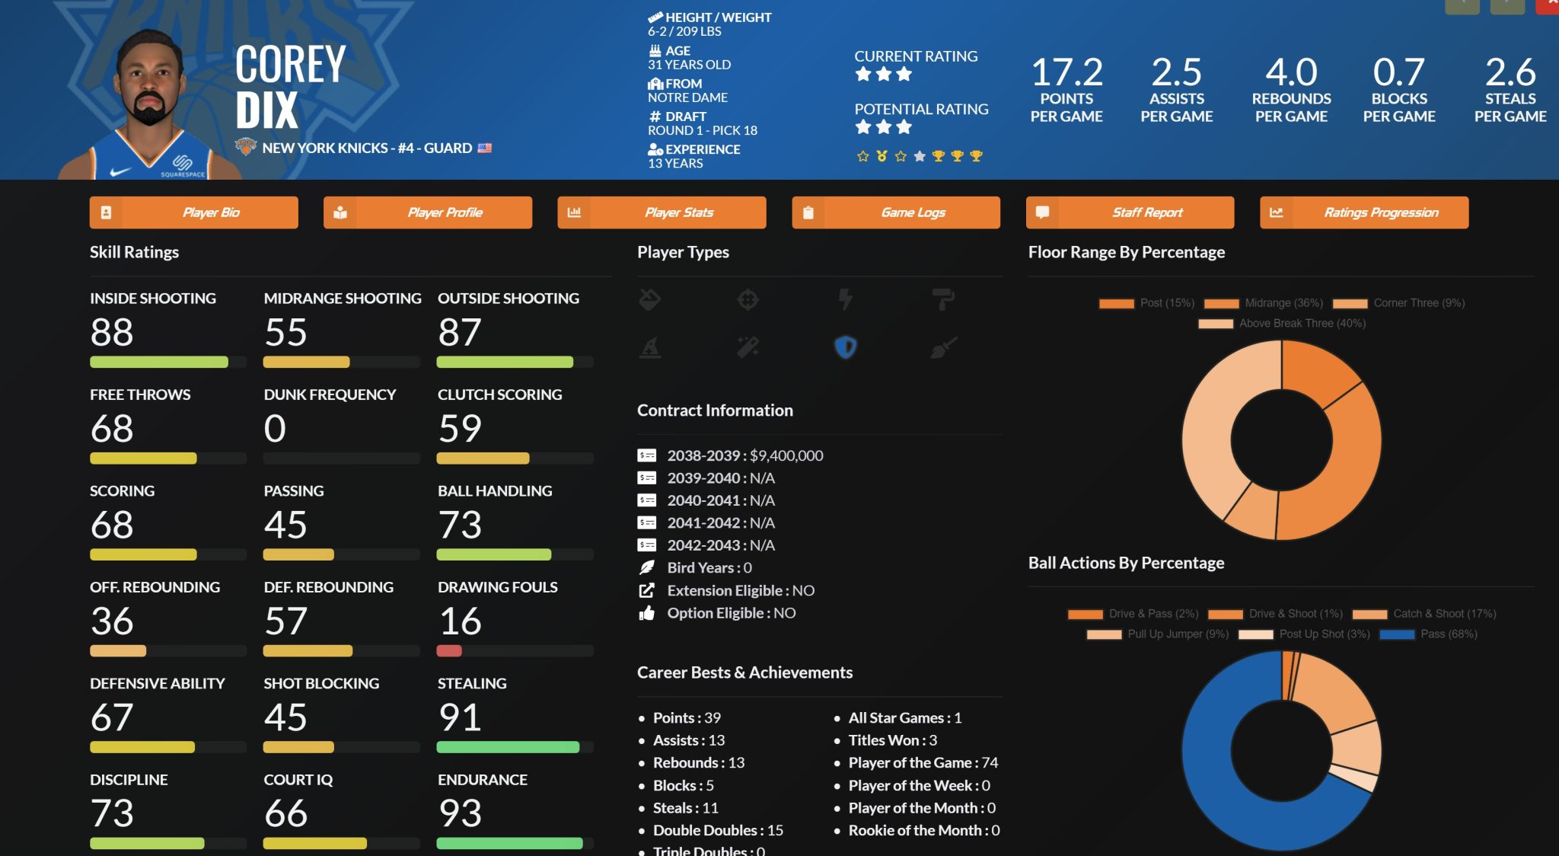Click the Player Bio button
tap(194, 212)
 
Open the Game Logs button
tap(896, 212)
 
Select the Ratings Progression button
tap(1364, 212)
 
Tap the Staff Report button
tap(1130, 212)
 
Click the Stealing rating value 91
tap(460, 717)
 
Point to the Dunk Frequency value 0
tap(275, 429)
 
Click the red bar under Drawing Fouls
tap(449, 651)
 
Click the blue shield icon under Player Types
tap(846, 347)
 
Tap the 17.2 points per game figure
tap(1066, 73)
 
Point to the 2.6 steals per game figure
tap(1510, 73)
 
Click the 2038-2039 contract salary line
tap(744, 455)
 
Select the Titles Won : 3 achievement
tap(892, 740)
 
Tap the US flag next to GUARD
tap(484, 148)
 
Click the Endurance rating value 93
tap(460, 813)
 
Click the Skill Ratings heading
tap(134, 252)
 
